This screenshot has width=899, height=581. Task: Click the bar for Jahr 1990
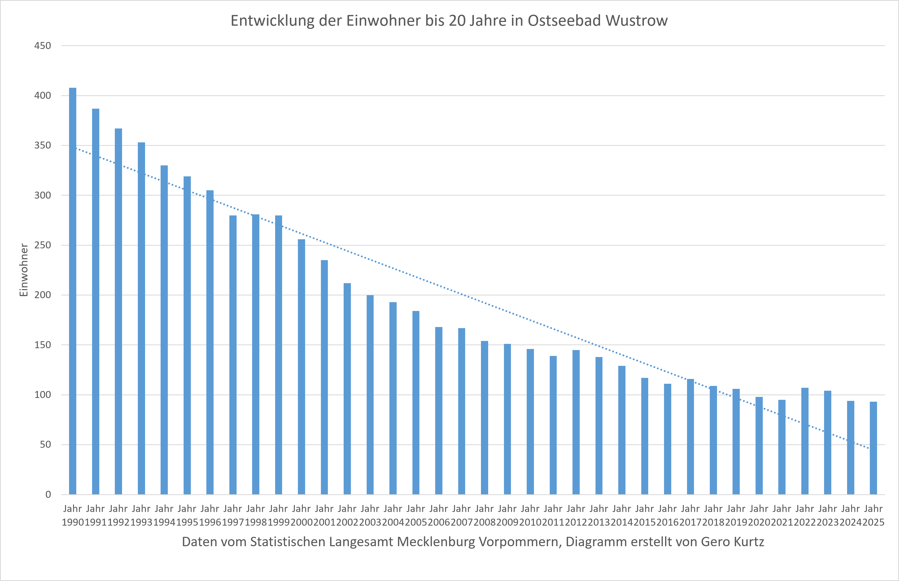pyautogui.click(x=73, y=291)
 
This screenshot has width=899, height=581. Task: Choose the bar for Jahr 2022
pyautogui.click(x=805, y=441)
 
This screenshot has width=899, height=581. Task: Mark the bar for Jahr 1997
pyautogui.click(x=233, y=355)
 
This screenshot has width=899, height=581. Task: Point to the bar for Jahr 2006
pyautogui.click(x=439, y=411)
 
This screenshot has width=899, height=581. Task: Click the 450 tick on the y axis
pyautogui.click(x=43, y=46)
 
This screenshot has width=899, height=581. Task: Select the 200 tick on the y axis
pyautogui.click(x=43, y=295)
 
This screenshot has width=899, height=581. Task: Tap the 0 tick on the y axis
pyautogui.click(x=48, y=495)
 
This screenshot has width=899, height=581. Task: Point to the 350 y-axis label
pyautogui.click(x=43, y=145)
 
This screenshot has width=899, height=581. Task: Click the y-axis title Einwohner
pyautogui.click(x=24, y=270)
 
